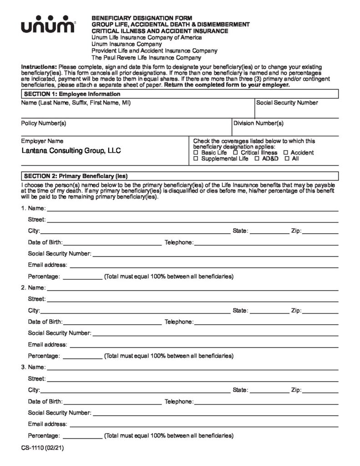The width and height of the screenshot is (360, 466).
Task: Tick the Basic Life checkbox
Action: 196,153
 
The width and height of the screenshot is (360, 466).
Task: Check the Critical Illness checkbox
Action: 236,153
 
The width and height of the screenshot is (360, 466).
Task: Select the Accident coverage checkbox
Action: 285,153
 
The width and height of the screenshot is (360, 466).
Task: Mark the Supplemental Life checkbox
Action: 196,159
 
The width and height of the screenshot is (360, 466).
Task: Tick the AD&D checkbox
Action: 257,159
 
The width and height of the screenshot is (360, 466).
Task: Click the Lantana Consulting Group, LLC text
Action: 71,151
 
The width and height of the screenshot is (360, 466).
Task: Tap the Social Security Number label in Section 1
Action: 287,103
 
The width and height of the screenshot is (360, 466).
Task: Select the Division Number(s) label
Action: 258,123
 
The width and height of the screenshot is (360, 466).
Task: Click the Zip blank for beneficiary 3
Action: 320,390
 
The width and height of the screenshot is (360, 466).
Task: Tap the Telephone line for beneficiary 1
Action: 266,243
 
